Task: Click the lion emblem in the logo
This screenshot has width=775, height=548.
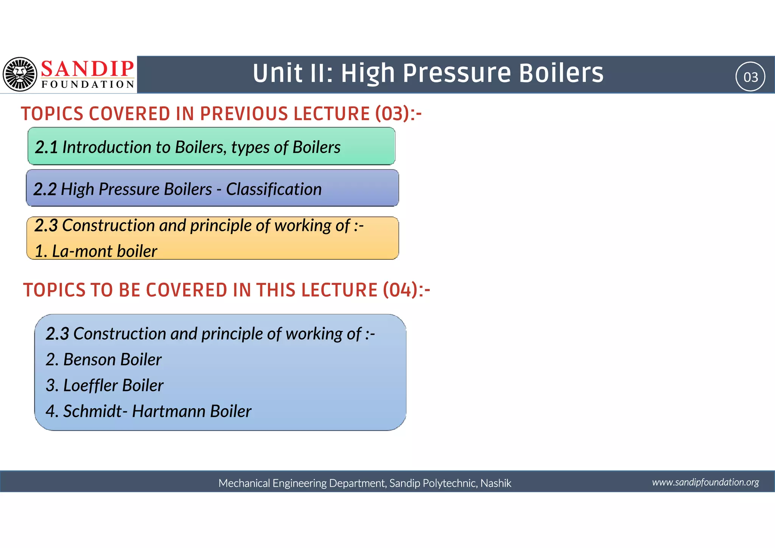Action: [20, 74]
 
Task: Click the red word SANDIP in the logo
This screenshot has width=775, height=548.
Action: [87, 69]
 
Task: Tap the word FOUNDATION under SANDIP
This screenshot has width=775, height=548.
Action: [88, 84]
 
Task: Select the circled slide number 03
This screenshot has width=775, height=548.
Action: [750, 77]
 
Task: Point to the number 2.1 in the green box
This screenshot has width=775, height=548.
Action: [46, 147]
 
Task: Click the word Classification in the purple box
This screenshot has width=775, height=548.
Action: [274, 189]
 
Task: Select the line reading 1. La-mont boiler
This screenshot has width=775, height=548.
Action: [96, 251]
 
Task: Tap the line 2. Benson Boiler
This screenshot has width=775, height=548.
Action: [103, 359]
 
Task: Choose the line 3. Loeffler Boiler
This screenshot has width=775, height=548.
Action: [104, 385]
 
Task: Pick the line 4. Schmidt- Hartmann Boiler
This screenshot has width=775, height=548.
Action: [148, 411]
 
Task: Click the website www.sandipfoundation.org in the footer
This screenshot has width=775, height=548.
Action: [705, 482]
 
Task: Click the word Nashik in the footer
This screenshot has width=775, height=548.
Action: [496, 483]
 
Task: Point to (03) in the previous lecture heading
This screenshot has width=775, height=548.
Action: [393, 114]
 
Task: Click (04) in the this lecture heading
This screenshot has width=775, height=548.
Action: [400, 290]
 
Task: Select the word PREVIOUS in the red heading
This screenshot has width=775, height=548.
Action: [244, 114]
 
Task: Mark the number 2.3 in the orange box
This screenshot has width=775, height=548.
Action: [46, 225]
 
